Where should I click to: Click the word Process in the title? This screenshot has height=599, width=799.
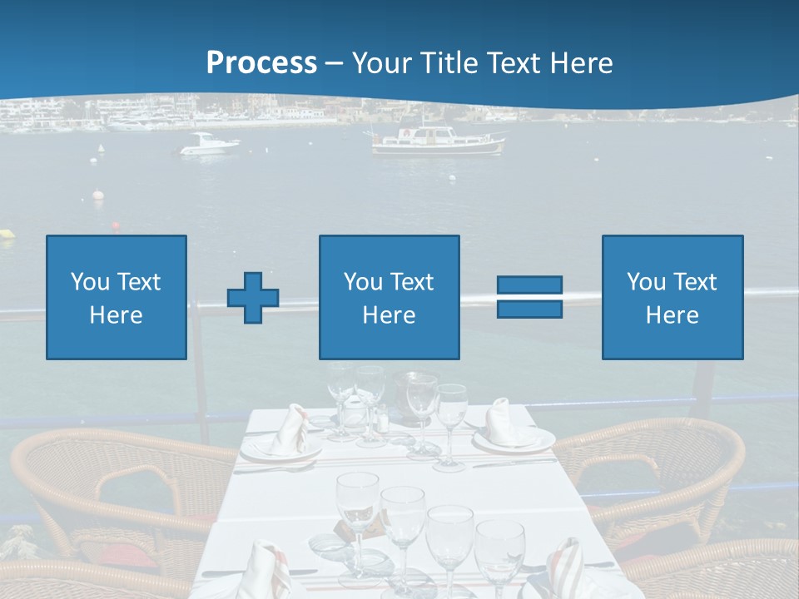pos(261,62)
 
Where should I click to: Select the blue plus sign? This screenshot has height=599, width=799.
pos(253,297)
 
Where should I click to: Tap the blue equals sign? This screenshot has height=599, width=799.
pos(529,297)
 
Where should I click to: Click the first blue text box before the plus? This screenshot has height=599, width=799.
pos(117,297)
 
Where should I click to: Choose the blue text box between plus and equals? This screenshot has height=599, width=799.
pos(389,297)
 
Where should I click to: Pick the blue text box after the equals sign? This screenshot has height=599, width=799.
pos(672,297)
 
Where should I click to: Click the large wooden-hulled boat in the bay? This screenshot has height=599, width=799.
pos(438,141)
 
